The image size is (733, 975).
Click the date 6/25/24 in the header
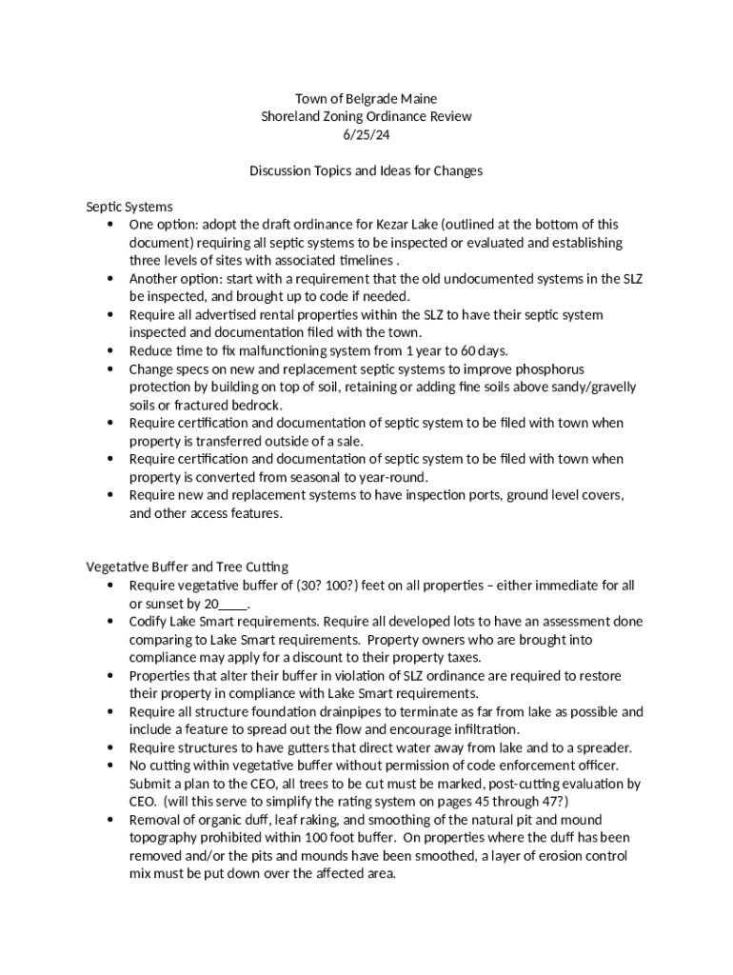tap(366, 134)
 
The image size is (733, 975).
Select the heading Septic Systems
tap(129, 207)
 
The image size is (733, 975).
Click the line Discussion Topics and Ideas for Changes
tap(366, 170)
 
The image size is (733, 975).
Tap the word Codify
tap(150, 622)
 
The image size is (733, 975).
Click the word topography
tap(165, 839)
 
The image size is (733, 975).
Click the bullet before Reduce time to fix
tap(111, 351)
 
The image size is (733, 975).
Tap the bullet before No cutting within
tap(111, 766)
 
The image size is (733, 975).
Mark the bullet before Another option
tap(111, 279)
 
